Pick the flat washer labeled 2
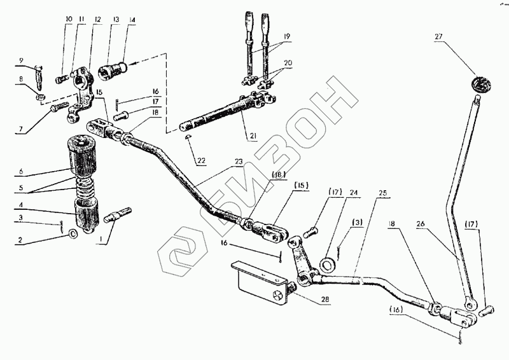[74, 234]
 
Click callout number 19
[288, 37]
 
